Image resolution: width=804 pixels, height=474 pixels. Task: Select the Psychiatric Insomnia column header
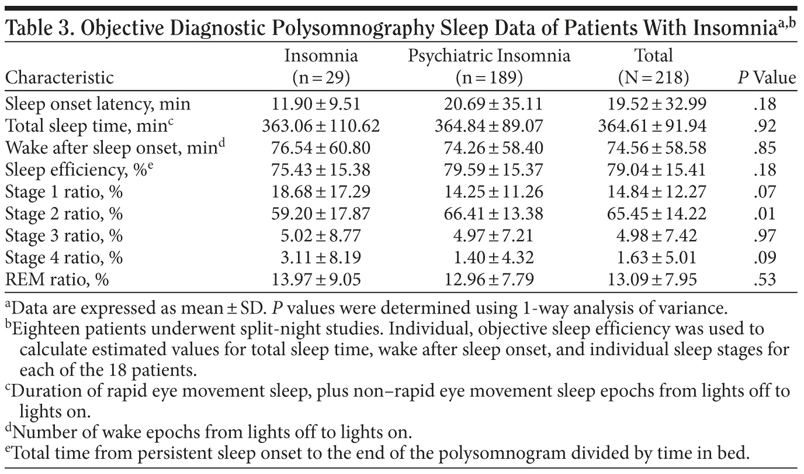[488, 57]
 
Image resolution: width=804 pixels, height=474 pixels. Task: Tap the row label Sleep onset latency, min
[98, 105]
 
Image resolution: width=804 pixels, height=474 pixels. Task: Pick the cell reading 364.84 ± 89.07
[488, 126]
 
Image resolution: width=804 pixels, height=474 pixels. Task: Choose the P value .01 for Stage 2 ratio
[781, 214]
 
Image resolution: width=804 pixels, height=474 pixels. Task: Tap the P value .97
[781, 236]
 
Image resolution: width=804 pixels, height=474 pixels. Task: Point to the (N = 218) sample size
[654, 78]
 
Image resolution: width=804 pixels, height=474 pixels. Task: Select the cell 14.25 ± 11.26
[488, 193]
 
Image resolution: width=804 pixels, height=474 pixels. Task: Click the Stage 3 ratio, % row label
[64, 236]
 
